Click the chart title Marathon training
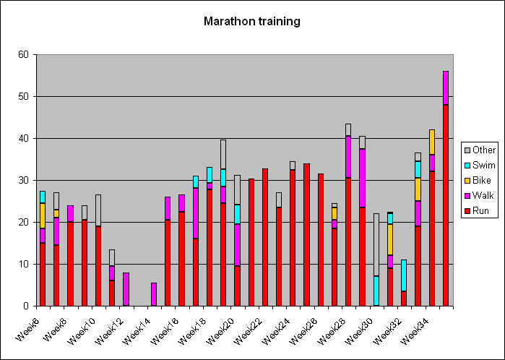pyautogui.click(x=251, y=21)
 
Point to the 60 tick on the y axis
pyautogui.click(x=24, y=54)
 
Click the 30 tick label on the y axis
pyautogui.click(x=24, y=180)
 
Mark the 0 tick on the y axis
pyautogui.click(x=27, y=306)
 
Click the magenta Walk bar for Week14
pyautogui.click(x=154, y=294)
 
